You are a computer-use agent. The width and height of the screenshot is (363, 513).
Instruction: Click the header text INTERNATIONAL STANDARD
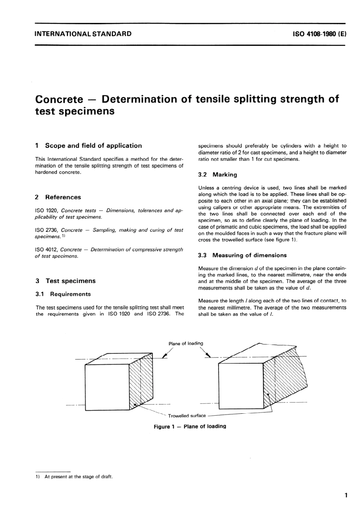click(83, 34)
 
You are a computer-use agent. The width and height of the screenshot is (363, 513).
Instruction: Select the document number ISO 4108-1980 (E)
click(319, 34)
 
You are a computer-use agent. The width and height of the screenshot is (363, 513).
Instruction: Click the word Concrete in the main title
click(59, 99)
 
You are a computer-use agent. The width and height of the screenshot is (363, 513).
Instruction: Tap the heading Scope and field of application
click(93, 146)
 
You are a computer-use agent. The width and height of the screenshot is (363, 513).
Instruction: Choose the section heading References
click(63, 197)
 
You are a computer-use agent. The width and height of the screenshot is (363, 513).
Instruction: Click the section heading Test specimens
click(71, 281)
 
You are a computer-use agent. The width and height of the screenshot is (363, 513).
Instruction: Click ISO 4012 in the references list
click(46, 249)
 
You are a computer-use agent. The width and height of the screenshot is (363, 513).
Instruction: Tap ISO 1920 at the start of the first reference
click(46, 210)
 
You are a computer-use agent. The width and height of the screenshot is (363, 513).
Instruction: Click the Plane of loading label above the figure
click(186, 343)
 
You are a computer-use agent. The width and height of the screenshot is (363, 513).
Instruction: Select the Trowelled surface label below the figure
click(187, 416)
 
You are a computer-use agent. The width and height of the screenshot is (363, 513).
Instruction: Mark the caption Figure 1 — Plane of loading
click(190, 426)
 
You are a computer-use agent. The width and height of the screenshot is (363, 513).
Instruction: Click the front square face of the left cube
click(107, 387)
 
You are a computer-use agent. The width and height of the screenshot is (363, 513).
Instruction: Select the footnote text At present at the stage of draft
click(78, 477)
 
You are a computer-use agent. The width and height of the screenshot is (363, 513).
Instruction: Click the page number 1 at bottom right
click(346, 496)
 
